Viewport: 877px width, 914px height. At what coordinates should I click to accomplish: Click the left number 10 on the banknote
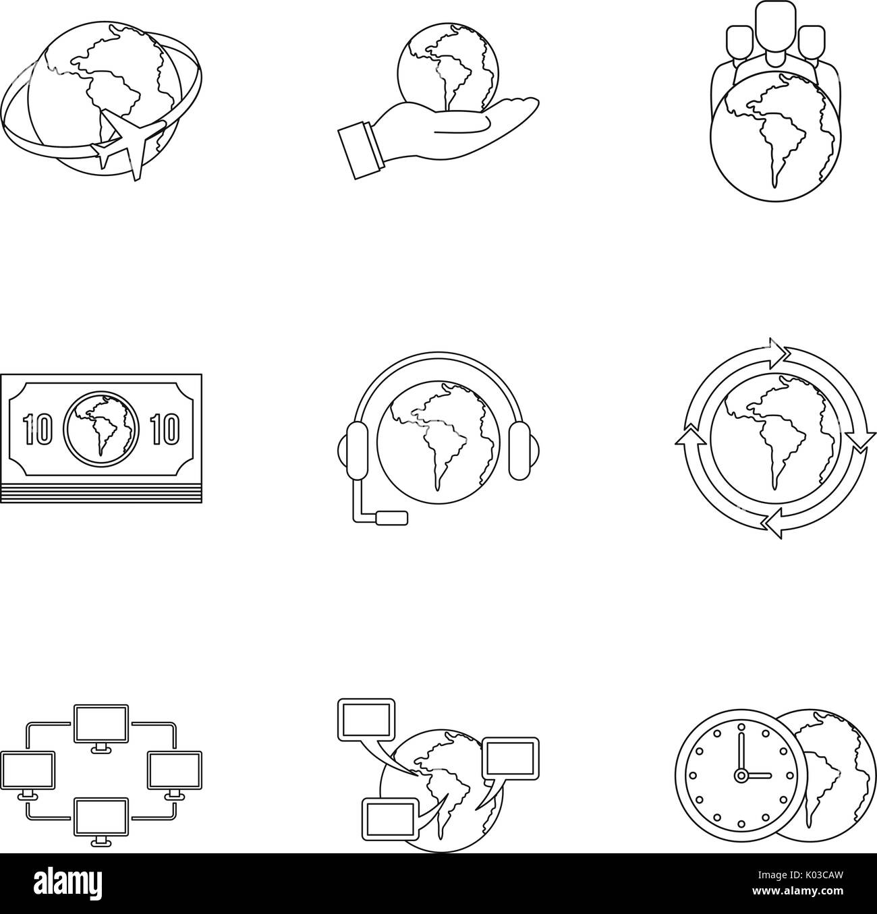[36, 429]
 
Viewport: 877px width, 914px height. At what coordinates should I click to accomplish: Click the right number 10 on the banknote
[163, 429]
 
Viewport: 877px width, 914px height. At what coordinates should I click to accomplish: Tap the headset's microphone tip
[392, 517]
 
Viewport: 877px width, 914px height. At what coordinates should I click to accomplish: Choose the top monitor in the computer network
[101, 723]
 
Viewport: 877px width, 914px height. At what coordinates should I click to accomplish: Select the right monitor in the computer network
[174, 770]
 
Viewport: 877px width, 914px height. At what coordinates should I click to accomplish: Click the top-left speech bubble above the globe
[366, 719]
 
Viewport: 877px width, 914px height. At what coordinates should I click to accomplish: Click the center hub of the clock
[741, 775]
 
